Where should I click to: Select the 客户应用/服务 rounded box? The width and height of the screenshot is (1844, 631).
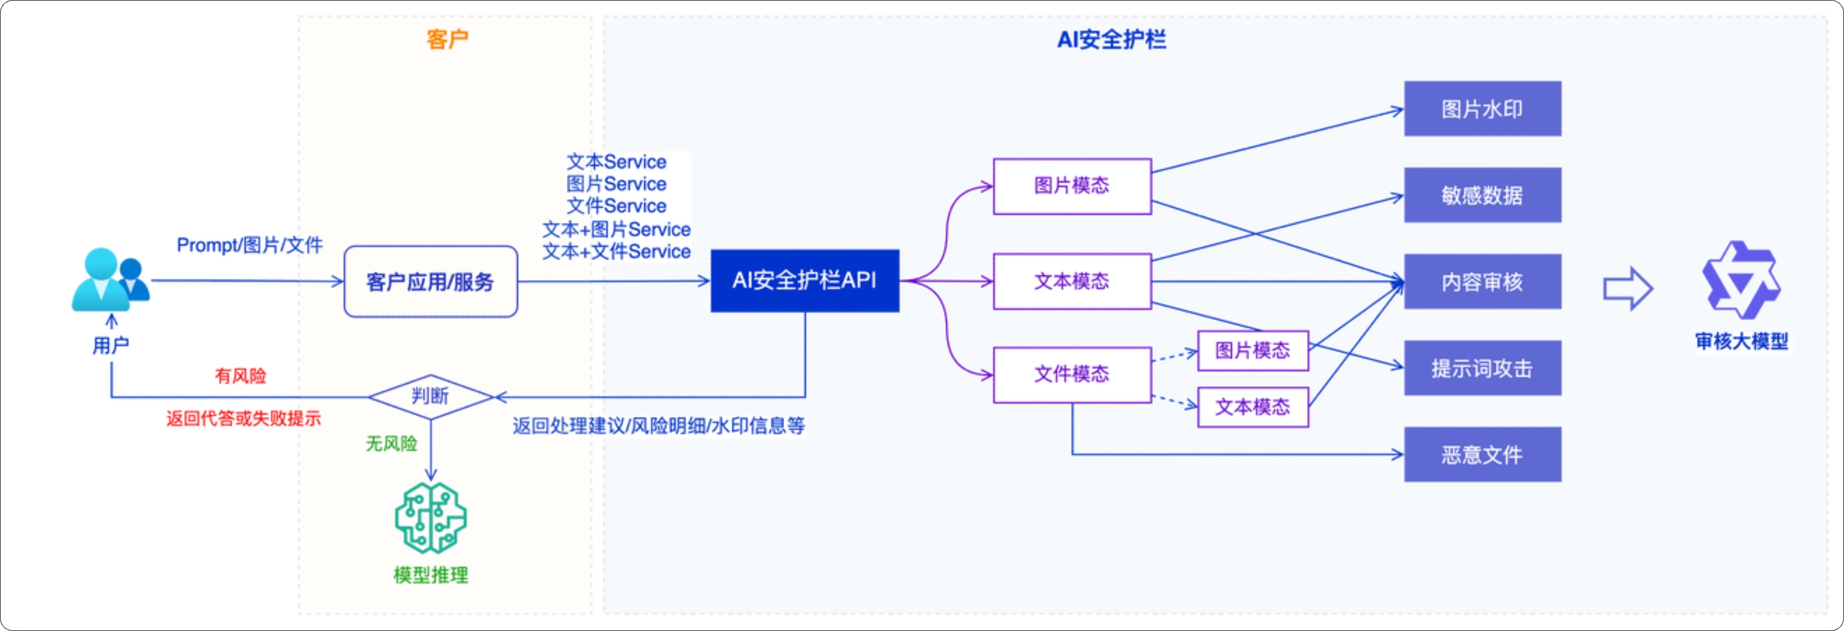(430, 281)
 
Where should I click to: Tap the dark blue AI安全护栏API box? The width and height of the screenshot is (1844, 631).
(804, 280)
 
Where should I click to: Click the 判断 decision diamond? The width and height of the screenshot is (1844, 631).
(430, 396)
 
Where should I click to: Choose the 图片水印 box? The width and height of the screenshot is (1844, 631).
(1482, 109)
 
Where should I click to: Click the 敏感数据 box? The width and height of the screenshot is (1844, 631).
(1482, 195)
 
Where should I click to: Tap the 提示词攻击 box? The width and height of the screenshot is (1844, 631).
(1482, 368)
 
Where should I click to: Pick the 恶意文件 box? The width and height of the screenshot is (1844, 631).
(1482, 455)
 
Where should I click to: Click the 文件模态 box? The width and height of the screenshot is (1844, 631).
(1071, 374)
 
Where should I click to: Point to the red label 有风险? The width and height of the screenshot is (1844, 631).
(241, 376)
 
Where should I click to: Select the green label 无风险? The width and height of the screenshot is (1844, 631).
(391, 443)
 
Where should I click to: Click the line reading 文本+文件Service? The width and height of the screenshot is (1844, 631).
(616, 252)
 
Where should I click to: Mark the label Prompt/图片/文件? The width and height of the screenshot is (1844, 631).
(249, 245)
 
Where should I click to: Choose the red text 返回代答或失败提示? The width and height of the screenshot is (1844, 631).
(243, 419)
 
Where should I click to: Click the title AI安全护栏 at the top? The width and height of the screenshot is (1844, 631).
(1111, 40)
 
